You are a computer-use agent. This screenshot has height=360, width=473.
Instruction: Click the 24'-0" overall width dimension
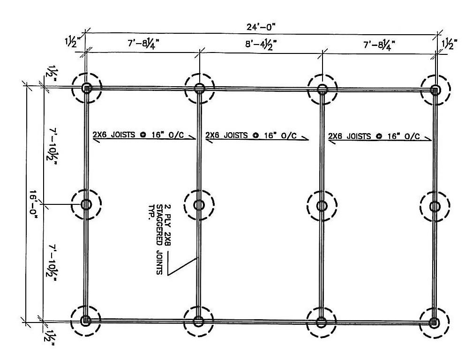coord(261,27)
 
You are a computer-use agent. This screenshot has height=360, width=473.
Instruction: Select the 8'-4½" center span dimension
coord(261,45)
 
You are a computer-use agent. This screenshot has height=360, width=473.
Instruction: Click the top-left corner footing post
coord(87,88)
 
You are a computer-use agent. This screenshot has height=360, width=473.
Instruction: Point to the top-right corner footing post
coord(435,90)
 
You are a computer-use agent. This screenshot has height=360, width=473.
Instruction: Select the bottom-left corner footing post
coord(86,320)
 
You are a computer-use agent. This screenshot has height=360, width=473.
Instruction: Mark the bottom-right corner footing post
coord(434,322)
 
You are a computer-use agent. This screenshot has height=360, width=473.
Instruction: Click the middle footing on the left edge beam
coord(86,204)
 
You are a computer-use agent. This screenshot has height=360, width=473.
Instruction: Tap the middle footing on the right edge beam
coord(435,206)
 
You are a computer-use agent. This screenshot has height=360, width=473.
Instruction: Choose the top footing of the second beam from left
coord(199,89)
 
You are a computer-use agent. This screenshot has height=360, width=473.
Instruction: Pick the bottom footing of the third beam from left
coord(321,322)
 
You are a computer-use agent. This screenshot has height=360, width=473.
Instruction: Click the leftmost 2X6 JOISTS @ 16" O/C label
coord(138,135)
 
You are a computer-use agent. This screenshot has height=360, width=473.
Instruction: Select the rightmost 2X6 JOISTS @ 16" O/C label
coord(374,136)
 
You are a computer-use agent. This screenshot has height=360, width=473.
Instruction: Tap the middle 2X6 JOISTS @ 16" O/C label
coord(251,135)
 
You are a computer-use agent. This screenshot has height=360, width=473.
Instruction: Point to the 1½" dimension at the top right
coord(450,44)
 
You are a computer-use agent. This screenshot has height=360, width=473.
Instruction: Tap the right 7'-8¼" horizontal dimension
coord(379,45)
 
